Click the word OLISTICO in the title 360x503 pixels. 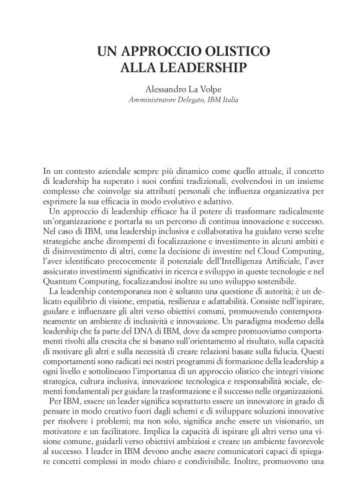coord(235,51)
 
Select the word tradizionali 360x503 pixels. coord(186,181)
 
